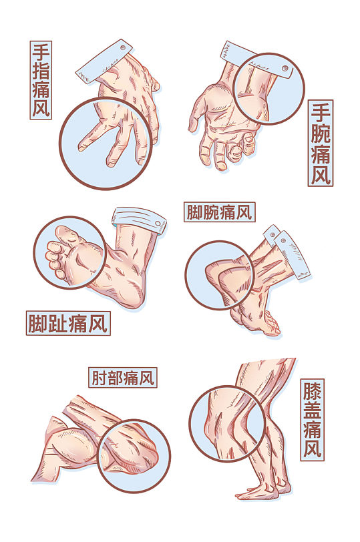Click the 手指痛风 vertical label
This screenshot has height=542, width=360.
click(41, 80)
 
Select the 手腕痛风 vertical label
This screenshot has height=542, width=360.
click(321, 143)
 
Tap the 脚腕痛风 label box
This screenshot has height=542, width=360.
click(219, 213)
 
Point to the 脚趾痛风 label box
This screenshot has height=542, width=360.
click(68, 324)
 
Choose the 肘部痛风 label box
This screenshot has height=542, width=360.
click(122, 378)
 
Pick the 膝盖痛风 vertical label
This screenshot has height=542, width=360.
click(312, 419)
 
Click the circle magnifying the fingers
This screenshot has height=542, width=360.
click(106, 143)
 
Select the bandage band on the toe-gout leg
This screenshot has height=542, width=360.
click(139, 218)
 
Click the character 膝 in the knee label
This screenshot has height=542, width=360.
click(312, 390)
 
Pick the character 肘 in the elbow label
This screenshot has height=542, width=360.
click(98, 378)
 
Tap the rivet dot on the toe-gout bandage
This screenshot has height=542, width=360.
click(158, 222)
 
